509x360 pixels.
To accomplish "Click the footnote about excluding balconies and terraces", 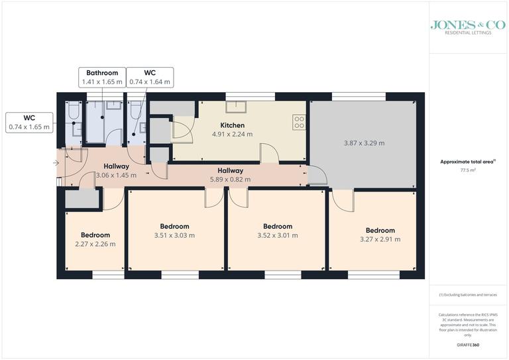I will point(467,294).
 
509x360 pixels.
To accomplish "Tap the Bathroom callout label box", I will point(101,78).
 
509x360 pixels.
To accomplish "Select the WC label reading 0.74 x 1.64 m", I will point(149,82).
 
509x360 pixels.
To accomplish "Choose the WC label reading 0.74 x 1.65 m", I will point(28,127).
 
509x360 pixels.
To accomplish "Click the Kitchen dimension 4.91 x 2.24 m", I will point(232,134).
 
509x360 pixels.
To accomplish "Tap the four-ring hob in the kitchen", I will point(299,122).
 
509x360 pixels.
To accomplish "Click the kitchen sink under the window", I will point(235,108).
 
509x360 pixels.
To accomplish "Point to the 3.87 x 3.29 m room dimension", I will point(364,143).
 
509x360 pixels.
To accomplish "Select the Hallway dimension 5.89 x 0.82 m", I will point(230,179).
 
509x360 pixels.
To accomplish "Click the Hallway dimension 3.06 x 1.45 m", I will point(116,176).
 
